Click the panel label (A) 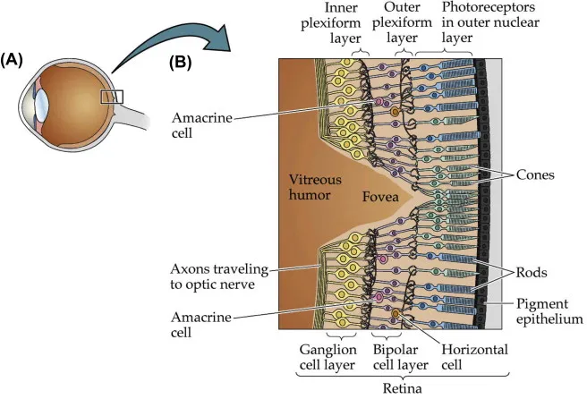(15, 60)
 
